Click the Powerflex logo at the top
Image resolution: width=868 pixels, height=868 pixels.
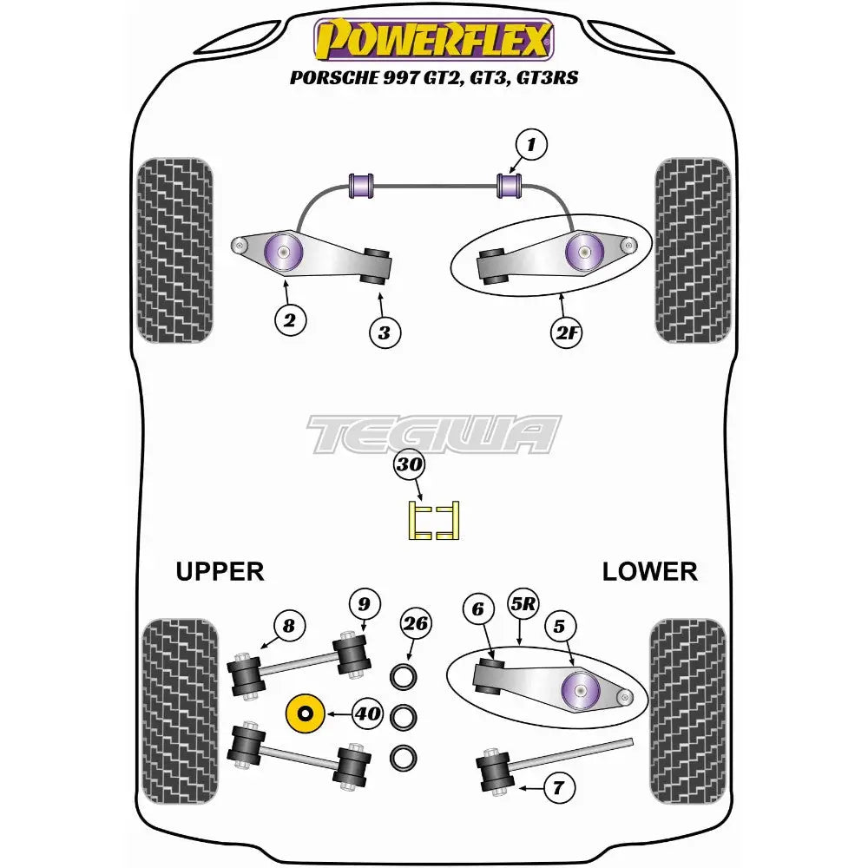[433, 39]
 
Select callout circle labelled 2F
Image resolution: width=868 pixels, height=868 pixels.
[563, 333]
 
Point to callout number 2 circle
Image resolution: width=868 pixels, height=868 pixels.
[290, 320]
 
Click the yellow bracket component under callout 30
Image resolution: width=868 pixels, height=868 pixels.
[434, 521]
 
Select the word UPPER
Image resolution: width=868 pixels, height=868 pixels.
[220, 571]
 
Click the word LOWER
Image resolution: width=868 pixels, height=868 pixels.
[649, 571]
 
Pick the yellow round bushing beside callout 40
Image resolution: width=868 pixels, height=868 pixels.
[305, 713]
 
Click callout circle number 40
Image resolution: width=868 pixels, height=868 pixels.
[367, 713]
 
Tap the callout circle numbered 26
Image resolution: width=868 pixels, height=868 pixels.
[415, 622]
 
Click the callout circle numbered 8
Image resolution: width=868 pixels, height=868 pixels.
[289, 625]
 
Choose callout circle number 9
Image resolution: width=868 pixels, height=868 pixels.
[365, 604]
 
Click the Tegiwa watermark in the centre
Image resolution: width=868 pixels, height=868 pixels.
[434, 433]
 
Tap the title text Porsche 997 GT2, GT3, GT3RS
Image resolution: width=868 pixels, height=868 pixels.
[433, 77]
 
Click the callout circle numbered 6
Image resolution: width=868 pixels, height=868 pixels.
[477, 610]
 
